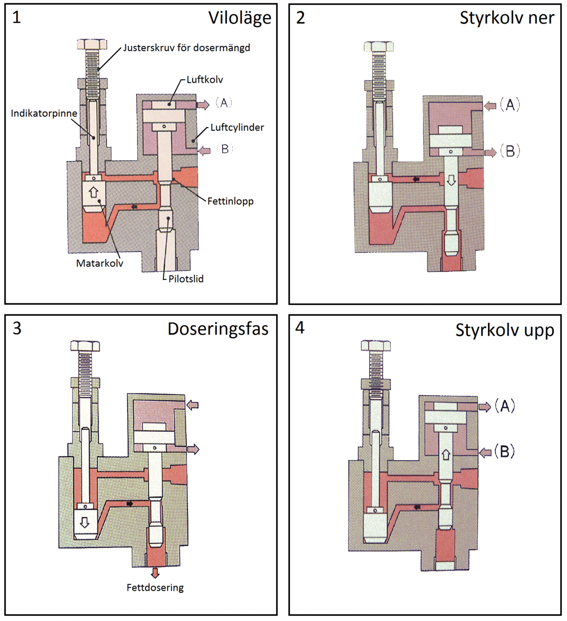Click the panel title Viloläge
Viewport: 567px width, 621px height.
click(240, 18)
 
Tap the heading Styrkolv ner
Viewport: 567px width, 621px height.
click(507, 18)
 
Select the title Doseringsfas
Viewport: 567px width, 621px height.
click(218, 329)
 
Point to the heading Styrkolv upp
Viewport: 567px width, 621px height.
click(504, 330)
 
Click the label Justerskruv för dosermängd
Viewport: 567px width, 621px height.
click(187, 48)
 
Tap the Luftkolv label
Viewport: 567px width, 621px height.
click(205, 79)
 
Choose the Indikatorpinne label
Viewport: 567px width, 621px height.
click(44, 113)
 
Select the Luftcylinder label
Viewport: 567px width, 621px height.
click(237, 128)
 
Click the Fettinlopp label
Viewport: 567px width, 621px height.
click(231, 201)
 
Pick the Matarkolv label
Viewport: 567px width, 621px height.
click(100, 263)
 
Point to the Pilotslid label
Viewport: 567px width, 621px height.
click(186, 279)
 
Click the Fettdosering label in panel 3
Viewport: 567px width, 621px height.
click(155, 588)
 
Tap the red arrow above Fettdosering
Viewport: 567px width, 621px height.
click(155, 573)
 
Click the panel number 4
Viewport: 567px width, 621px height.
click(300, 328)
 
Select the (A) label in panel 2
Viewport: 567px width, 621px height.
click(510, 104)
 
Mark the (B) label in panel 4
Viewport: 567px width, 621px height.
click(504, 452)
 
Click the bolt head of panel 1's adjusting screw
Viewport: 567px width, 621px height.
click(92, 44)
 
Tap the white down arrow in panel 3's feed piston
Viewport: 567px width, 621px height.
click(85, 522)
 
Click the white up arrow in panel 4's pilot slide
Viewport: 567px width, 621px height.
click(446, 455)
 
